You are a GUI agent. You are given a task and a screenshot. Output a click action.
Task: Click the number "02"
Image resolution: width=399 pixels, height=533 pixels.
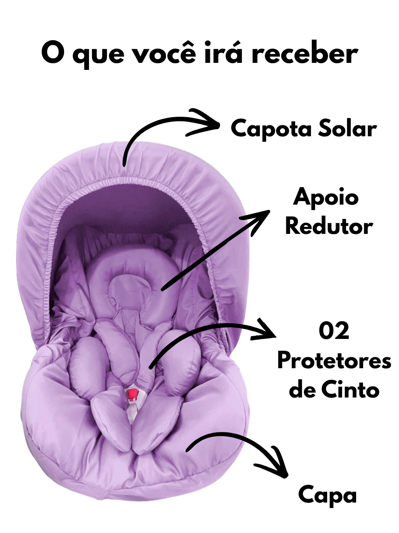[x=334, y=332]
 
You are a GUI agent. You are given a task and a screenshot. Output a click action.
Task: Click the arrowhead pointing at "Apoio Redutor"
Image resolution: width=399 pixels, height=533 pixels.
[x=258, y=221]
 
